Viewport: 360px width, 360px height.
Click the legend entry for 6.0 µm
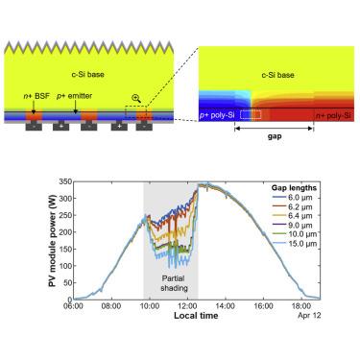pyautogui.click(x=292, y=198)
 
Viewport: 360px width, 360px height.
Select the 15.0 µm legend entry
pyautogui.click(x=294, y=244)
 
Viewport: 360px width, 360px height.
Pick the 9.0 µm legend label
pyautogui.click(x=292, y=226)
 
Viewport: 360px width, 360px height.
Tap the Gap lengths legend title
pyautogui.click(x=294, y=188)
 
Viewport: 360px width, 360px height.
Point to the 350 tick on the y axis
pyautogui.click(x=65, y=181)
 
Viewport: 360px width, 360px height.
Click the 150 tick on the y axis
pyautogui.click(x=65, y=249)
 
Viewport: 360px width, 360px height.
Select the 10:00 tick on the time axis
pyautogui.click(x=150, y=306)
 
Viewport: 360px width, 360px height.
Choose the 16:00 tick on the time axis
pyautogui.click(x=263, y=306)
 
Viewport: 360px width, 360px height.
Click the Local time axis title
pyautogui.click(x=196, y=316)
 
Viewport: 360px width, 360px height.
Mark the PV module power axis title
pyautogui.click(x=53, y=240)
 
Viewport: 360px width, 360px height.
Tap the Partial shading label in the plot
pyautogui.click(x=174, y=283)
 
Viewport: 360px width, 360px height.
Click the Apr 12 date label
pyautogui.click(x=309, y=316)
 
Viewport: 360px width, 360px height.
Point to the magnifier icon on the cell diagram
pyautogui.click(x=136, y=99)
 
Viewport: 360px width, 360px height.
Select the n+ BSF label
pyautogui.click(x=36, y=96)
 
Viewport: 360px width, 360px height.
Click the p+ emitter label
pyautogui.click(x=74, y=96)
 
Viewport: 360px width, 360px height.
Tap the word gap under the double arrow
pyautogui.click(x=275, y=136)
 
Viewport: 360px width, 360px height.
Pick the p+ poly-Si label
pyautogui.click(x=217, y=115)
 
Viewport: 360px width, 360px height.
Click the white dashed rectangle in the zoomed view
pyautogui.click(x=251, y=115)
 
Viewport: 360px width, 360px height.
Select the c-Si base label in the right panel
pyautogui.click(x=277, y=75)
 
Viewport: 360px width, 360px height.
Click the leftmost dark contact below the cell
pyautogui.click(x=34, y=127)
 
